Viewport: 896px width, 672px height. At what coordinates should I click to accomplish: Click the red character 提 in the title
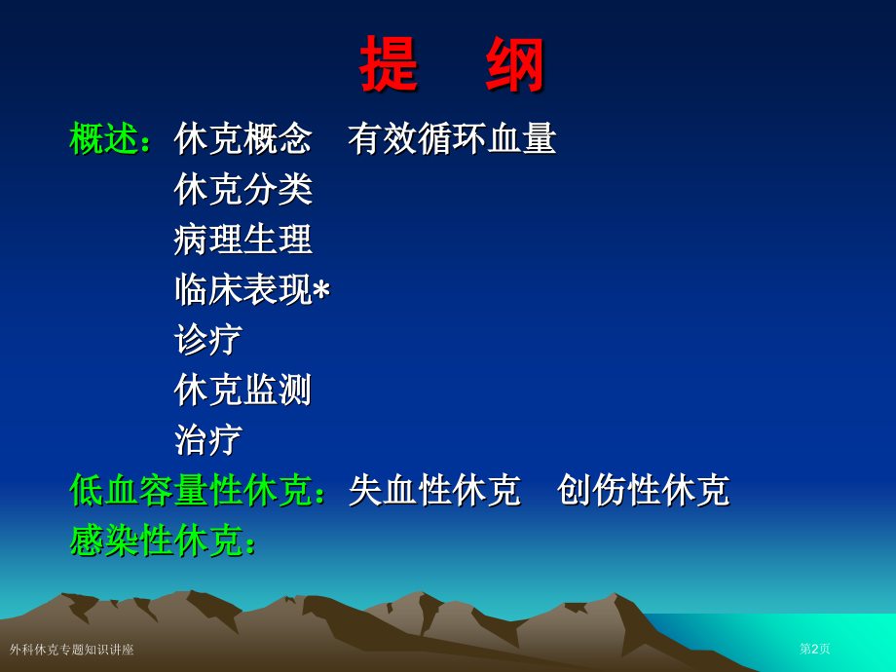click(x=390, y=64)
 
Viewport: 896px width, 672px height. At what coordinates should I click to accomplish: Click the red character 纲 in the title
click(x=516, y=64)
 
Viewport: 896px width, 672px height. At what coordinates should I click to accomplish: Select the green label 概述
click(x=104, y=138)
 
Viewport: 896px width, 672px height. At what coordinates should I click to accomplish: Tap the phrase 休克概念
click(x=243, y=138)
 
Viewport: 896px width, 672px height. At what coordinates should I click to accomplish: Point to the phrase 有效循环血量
click(x=452, y=138)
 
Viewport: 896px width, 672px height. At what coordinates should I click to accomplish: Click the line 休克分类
click(x=243, y=189)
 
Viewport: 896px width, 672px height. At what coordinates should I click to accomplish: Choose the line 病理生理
click(x=243, y=240)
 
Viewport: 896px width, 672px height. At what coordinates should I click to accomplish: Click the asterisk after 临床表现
click(x=321, y=290)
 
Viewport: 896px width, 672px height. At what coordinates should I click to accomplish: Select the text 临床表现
click(x=243, y=290)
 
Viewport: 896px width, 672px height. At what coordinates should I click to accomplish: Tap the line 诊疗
click(x=208, y=340)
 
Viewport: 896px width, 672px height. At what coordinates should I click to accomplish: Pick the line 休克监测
click(x=243, y=390)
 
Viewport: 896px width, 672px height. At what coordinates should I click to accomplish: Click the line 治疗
click(x=208, y=440)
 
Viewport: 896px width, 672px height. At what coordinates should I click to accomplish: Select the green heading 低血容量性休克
click(x=191, y=490)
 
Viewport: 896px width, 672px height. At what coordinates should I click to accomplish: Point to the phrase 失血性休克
click(x=434, y=490)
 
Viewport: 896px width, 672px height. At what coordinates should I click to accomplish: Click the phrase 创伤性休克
click(x=643, y=490)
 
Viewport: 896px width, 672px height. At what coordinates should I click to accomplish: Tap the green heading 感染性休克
click(x=156, y=541)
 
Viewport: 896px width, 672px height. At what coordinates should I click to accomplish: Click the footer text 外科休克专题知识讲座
click(x=72, y=650)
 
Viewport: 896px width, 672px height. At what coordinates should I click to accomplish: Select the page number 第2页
click(x=815, y=649)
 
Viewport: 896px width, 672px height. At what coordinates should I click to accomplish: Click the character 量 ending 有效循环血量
click(x=540, y=138)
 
